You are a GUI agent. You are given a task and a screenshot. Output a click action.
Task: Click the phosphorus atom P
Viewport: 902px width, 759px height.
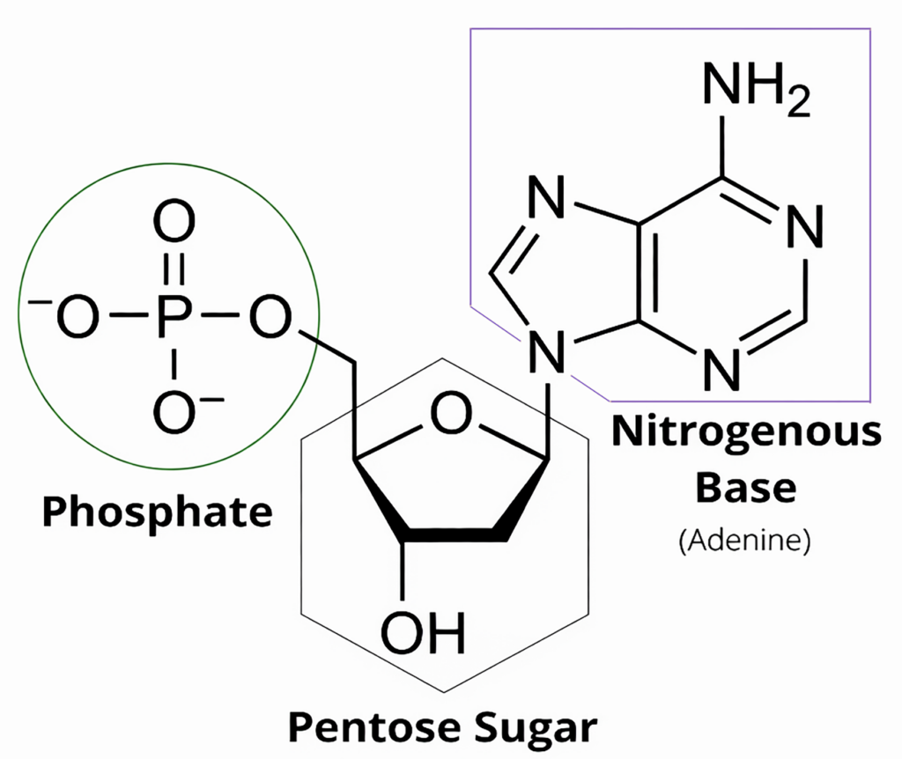173,316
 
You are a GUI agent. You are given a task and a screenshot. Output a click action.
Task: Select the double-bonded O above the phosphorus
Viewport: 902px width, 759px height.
174,221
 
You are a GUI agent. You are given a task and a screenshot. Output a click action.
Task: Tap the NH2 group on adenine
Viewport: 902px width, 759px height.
756,86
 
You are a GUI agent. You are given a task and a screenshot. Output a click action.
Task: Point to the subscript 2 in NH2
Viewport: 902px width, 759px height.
799,101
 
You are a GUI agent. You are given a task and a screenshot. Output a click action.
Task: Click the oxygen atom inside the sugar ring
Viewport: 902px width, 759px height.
452,414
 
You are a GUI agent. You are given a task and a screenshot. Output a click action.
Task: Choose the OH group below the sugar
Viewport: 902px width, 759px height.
424,633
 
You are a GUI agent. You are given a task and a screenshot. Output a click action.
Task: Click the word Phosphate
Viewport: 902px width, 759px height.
157,513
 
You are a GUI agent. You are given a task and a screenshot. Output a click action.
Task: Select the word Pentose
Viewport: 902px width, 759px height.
374,726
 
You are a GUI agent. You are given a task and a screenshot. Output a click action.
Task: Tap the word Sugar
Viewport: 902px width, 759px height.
536,729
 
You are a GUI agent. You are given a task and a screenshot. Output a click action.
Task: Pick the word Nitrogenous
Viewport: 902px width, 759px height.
746,433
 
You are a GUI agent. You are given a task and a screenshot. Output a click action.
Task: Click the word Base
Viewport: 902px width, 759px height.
746,488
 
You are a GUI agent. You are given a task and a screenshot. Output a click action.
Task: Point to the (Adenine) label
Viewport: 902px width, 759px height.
745,540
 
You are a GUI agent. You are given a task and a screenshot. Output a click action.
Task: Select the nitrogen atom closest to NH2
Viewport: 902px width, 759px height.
805,226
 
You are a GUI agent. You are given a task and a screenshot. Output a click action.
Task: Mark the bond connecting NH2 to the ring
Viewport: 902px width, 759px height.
722,146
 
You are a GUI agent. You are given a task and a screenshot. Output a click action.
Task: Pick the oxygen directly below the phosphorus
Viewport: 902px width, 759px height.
174,412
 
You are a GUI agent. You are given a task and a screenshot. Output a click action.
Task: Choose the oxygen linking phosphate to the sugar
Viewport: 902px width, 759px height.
270,316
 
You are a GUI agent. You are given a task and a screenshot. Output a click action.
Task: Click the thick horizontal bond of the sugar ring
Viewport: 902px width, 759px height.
455,534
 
